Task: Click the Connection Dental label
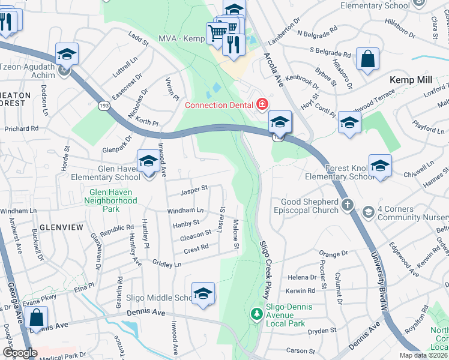point(219,105)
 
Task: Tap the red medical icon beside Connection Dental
point(262,105)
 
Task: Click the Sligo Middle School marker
point(203,293)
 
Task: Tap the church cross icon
point(347,206)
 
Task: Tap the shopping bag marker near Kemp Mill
point(367,59)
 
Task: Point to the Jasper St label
point(194,190)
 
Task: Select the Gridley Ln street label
point(167,263)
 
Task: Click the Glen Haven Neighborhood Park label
point(112,201)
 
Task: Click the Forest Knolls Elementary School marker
point(380,166)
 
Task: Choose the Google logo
point(20,353)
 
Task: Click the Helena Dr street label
point(302,277)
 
